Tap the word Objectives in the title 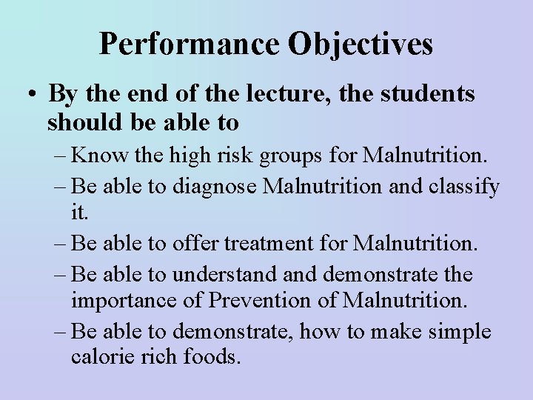(x=361, y=44)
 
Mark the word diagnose (x=218, y=187)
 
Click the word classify (x=464, y=187)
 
